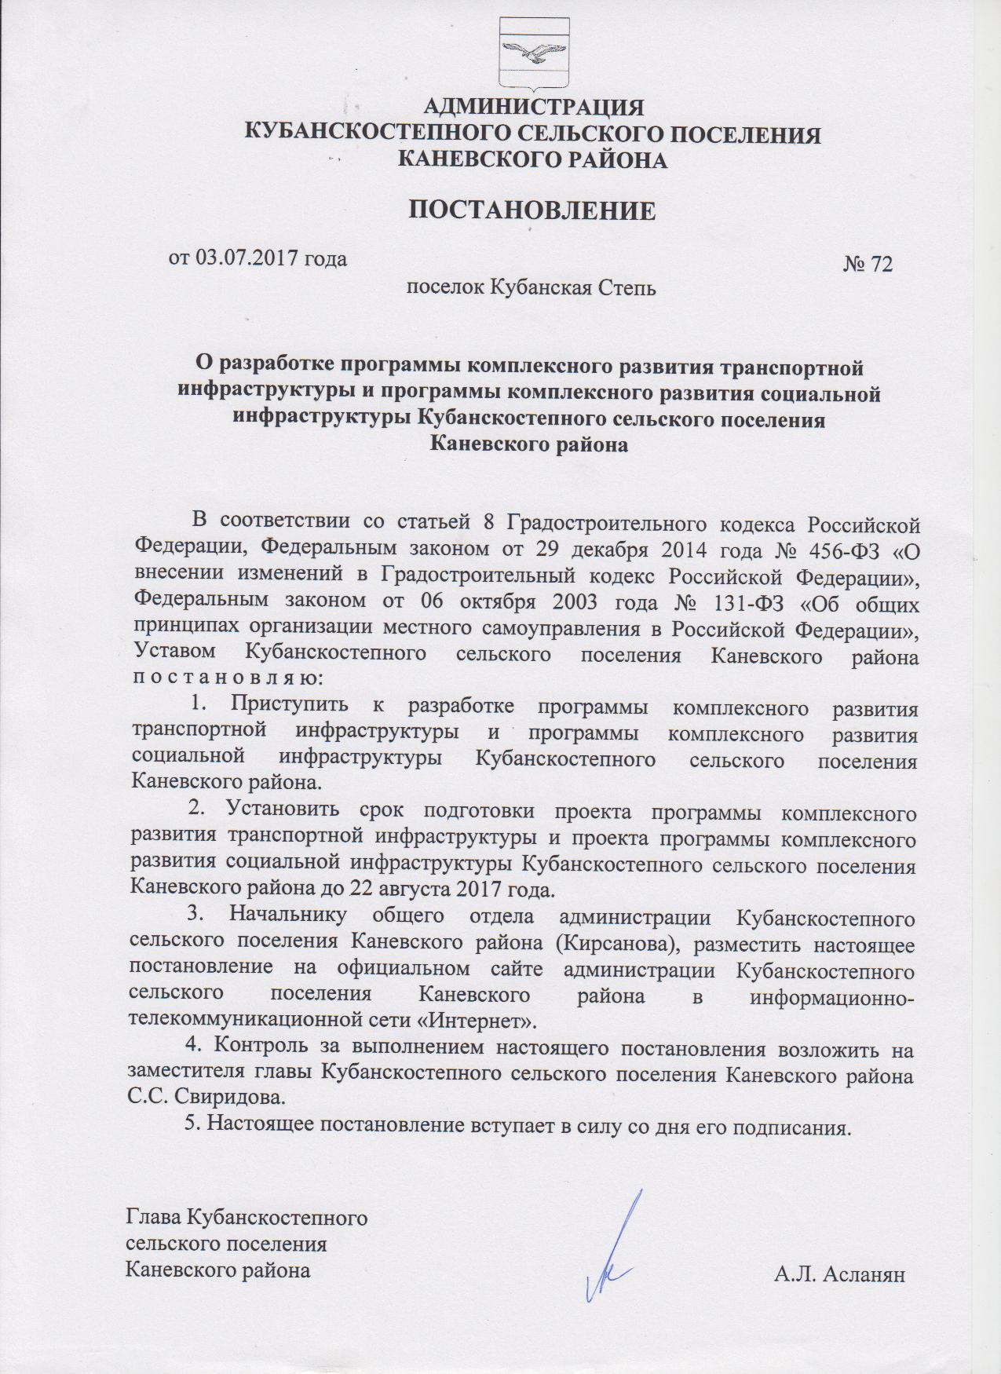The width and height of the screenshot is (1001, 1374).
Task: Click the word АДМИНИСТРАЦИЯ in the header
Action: [533, 107]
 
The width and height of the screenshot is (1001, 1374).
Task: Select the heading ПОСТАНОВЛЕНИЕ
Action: [532, 210]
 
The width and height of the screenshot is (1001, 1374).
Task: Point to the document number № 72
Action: [868, 265]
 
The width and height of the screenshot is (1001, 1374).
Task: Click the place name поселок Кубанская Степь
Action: [530, 287]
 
